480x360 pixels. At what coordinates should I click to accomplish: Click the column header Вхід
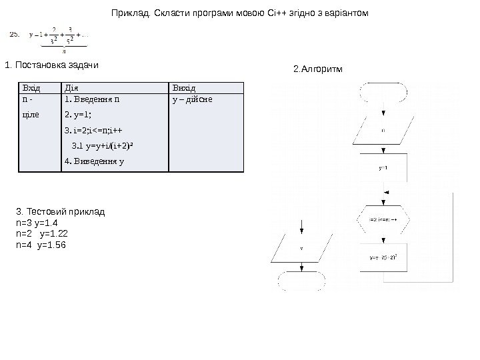pos(31,88)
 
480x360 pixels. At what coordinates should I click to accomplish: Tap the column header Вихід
pos(185,88)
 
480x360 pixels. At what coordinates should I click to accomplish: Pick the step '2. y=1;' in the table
pos(78,114)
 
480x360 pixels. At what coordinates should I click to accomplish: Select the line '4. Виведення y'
pos(94,161)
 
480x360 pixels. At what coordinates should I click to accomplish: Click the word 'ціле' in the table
pos(31,114)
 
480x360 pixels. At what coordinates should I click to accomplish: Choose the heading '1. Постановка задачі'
pos(51,65)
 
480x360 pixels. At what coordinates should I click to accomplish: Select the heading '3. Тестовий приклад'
pos(60,211)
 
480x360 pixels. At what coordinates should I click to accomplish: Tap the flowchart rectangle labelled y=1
pos(383,168)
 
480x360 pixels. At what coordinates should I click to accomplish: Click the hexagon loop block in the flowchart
pos(383,218)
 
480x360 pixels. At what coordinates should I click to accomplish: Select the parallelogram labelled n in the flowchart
pos(383,131)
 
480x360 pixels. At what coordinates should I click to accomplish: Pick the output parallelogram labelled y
pos(301,248)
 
